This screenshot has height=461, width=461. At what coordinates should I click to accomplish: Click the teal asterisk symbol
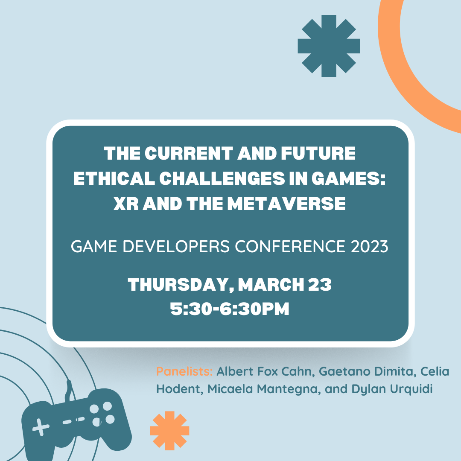[x=329, y=46]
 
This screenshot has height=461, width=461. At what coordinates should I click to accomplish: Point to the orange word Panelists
[x=184, y=371]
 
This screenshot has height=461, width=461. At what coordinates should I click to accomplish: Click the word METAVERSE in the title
[x=286, y=204]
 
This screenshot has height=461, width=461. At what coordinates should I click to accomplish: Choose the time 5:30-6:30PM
[x=230, y=309]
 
